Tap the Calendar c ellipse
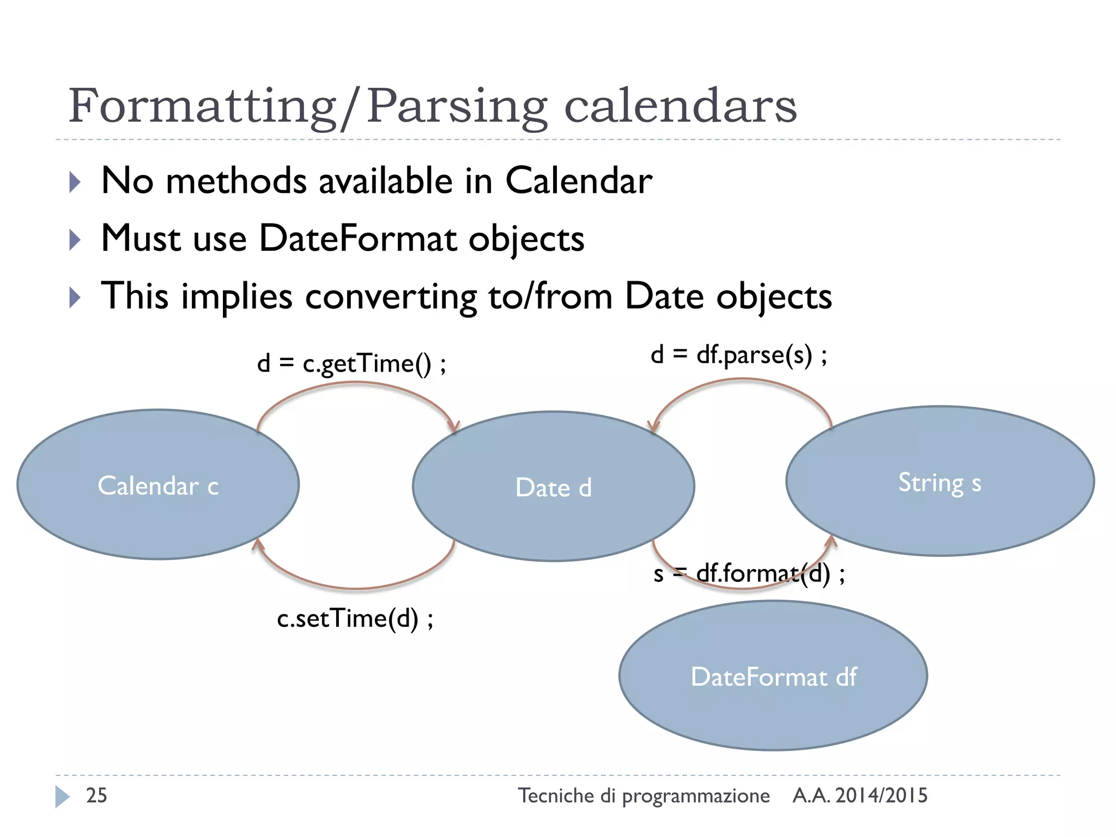(158, 484)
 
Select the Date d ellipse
(553, 487)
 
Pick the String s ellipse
(939, 482)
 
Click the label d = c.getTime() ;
(351, 363)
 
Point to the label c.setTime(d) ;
(355, 618)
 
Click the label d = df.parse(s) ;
(739, 355)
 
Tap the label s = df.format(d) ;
(749, 573)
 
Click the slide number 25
(96, 796)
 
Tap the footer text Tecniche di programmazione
(643, 796)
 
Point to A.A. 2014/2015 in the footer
(859, 796)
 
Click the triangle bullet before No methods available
(75, 182)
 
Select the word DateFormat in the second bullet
(357, 238)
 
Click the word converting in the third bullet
(391, 296)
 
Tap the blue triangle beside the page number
(62, 796)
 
